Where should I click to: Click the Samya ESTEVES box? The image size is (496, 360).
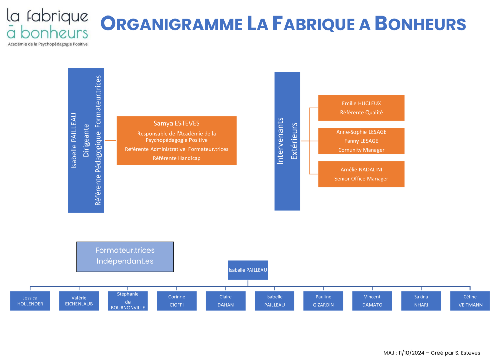click(x=176, y=140)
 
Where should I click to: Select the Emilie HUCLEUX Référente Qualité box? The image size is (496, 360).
click(x=361, y=108)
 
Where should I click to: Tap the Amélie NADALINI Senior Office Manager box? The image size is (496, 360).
click(x=361, y=174)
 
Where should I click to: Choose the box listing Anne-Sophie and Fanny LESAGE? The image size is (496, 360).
click(x=361, y=141)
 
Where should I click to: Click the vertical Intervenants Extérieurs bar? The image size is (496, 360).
click(x=287, y=141)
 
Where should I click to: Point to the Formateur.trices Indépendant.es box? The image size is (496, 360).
click(x=125, y=257)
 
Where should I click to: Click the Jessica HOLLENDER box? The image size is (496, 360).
click(x=30, y=301)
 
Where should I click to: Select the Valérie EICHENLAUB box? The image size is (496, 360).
click(x=79, y=301)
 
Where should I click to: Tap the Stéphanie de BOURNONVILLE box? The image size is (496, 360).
click(x=128, y=301)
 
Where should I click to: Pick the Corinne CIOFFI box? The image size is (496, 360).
click(x=177, y=301)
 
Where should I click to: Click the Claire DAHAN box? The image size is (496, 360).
click(x=226, y=301)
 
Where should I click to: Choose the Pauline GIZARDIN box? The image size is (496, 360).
click(x=323, y=301)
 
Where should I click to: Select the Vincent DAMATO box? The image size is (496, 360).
click(x=372, y=301)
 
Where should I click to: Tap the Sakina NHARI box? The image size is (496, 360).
click(x=421, y=301)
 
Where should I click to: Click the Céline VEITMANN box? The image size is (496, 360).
click(x=470, y=301)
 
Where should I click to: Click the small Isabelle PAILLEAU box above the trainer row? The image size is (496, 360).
click(x=248, y=270)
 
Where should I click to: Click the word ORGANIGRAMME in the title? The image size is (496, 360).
click(x=172, y=24)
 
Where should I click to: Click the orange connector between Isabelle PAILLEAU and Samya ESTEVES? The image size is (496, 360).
click(x=110, y=140)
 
